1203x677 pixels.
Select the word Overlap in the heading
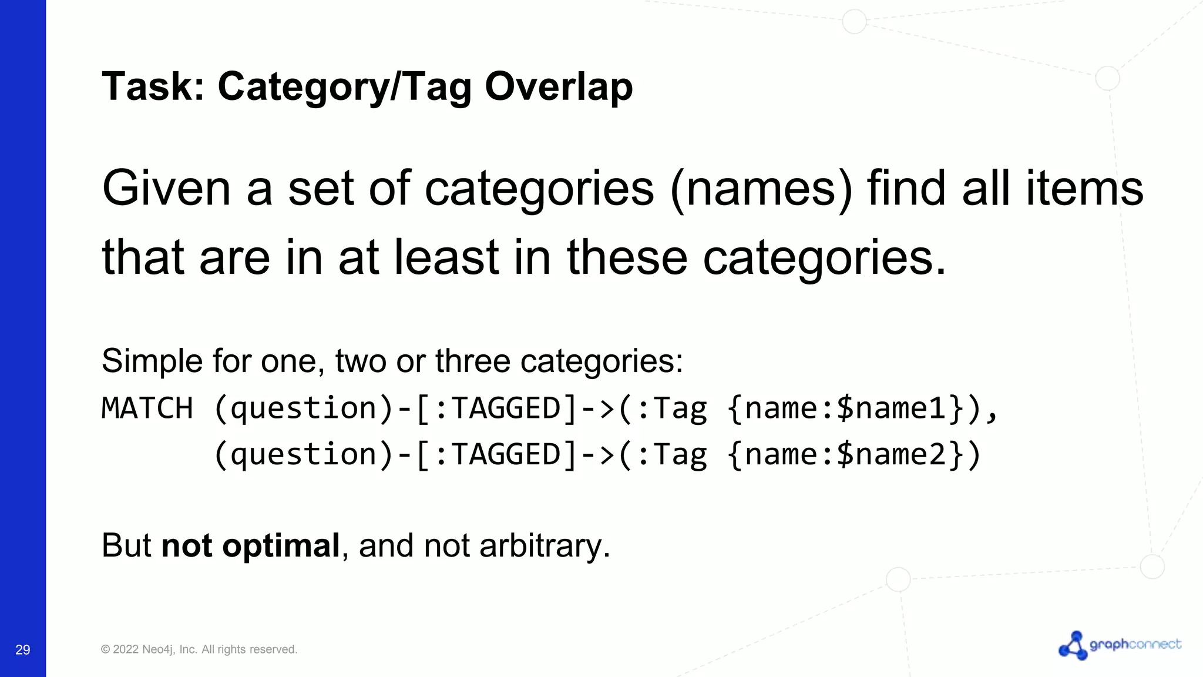pos(559,86)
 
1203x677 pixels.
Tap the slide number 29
pos(23,649)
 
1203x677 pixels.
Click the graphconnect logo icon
pos(1073,646)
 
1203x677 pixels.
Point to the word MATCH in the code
pos(147,408)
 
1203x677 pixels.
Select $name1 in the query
pos(891,408)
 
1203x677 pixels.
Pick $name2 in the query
pos(891,454)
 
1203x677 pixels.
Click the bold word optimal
pos(281,545)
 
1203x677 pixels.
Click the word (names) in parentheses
pos(761,189)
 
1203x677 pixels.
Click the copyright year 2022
pos(125,649)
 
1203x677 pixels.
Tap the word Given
pos(166,189)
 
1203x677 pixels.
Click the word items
pos(1084,189)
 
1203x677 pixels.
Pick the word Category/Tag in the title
pos(345,86)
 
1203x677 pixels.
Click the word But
pos(126,545)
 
